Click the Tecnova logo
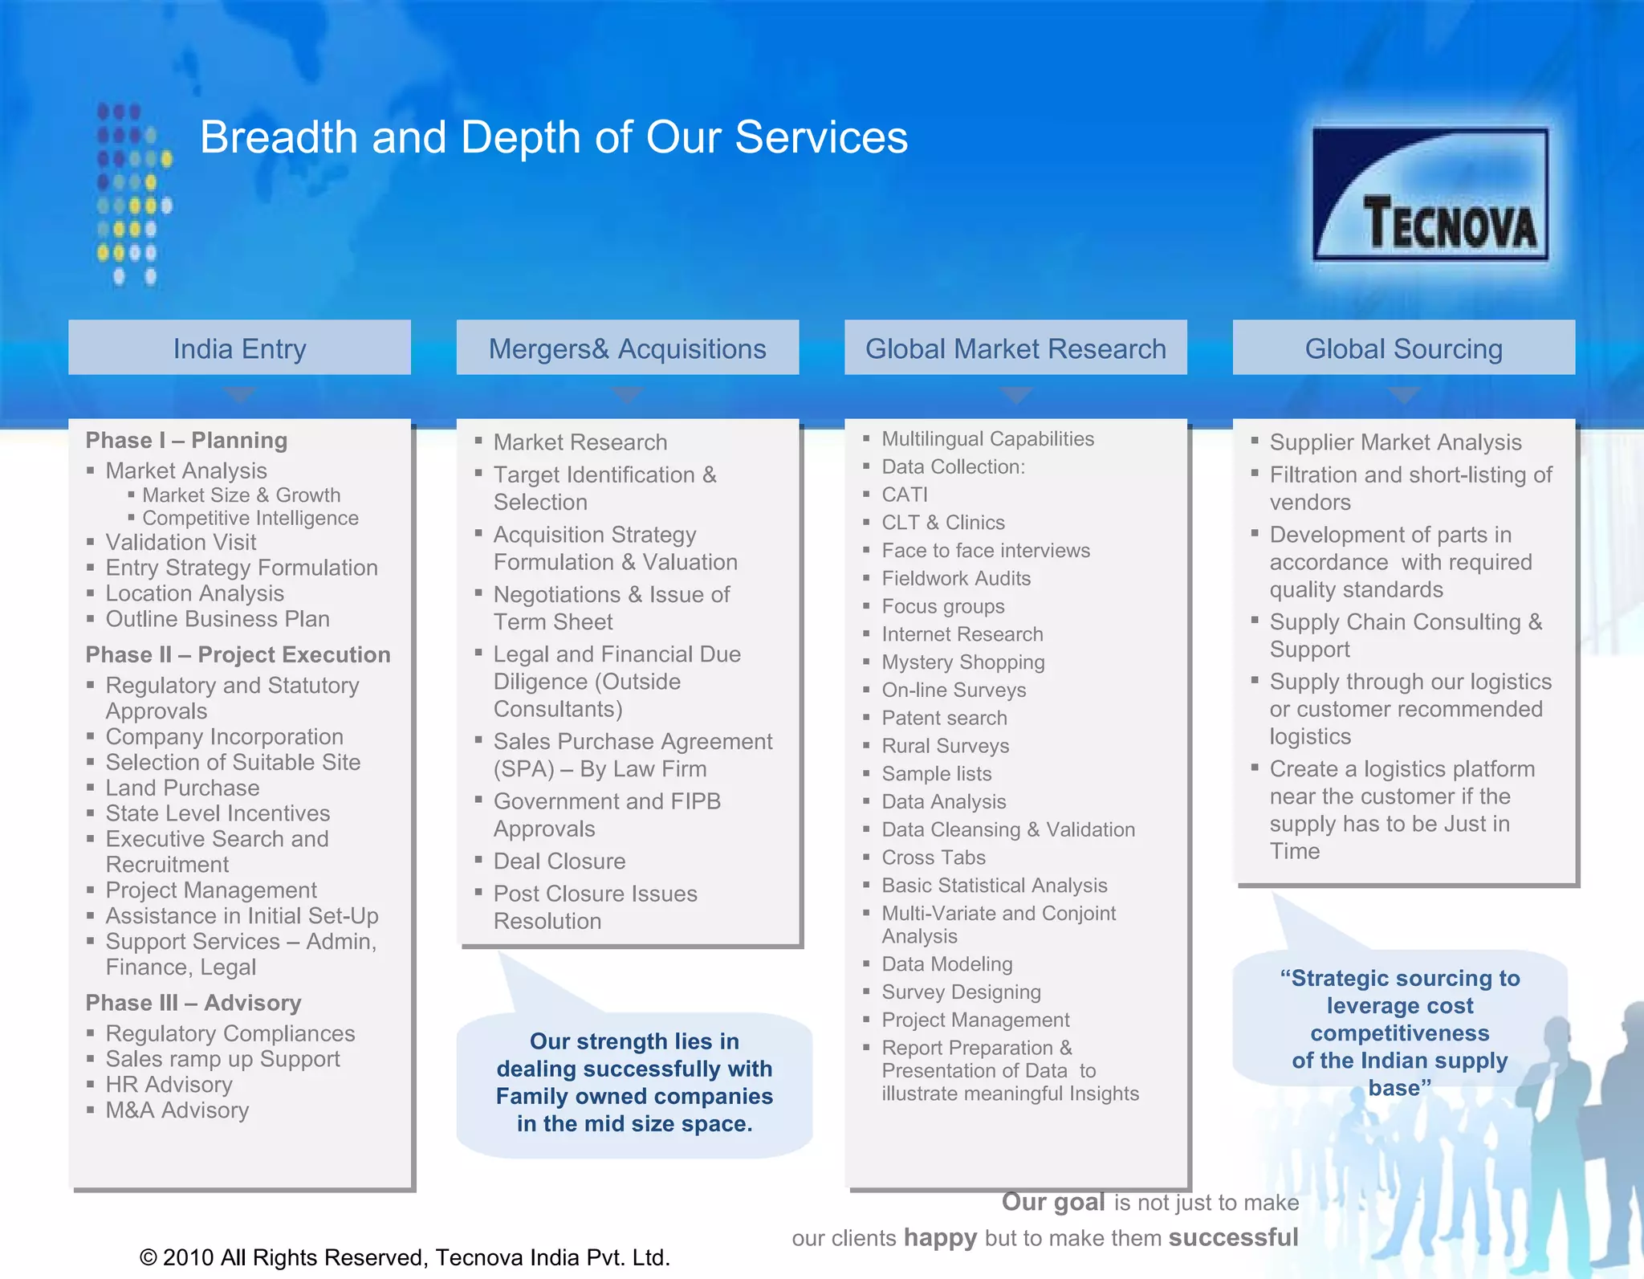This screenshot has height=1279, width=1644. coord(1430,194)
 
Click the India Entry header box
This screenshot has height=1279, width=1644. coord(239,348)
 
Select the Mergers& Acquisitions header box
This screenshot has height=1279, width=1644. coord(627,348)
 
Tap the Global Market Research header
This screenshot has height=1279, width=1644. coord(1015,348)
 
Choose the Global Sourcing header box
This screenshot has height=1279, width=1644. coord(1403,348)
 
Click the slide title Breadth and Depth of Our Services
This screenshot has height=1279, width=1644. coord(554,137)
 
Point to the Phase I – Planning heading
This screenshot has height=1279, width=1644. coord(186,440)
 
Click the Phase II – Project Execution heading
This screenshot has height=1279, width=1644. coord(238,654)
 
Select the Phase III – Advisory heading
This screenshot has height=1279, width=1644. coord(193,1003)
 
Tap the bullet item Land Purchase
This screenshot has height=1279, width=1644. coord(182,788)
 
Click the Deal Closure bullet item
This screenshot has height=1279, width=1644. coord(559,861)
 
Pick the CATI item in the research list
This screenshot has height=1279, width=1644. coord(905,495)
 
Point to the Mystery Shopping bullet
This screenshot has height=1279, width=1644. coord(962,662)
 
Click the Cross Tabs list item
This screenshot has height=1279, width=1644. coord(933,857)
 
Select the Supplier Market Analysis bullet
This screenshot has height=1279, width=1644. coord(1395,442)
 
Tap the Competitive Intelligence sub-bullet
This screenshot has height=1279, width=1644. coord(250,518)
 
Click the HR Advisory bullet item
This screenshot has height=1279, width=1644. coord(169,1085)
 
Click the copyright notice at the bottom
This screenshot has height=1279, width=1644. coord(405,1257)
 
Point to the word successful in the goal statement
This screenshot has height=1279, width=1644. coord(1233,1237)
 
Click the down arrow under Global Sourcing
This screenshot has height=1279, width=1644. coord(1404,395)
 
